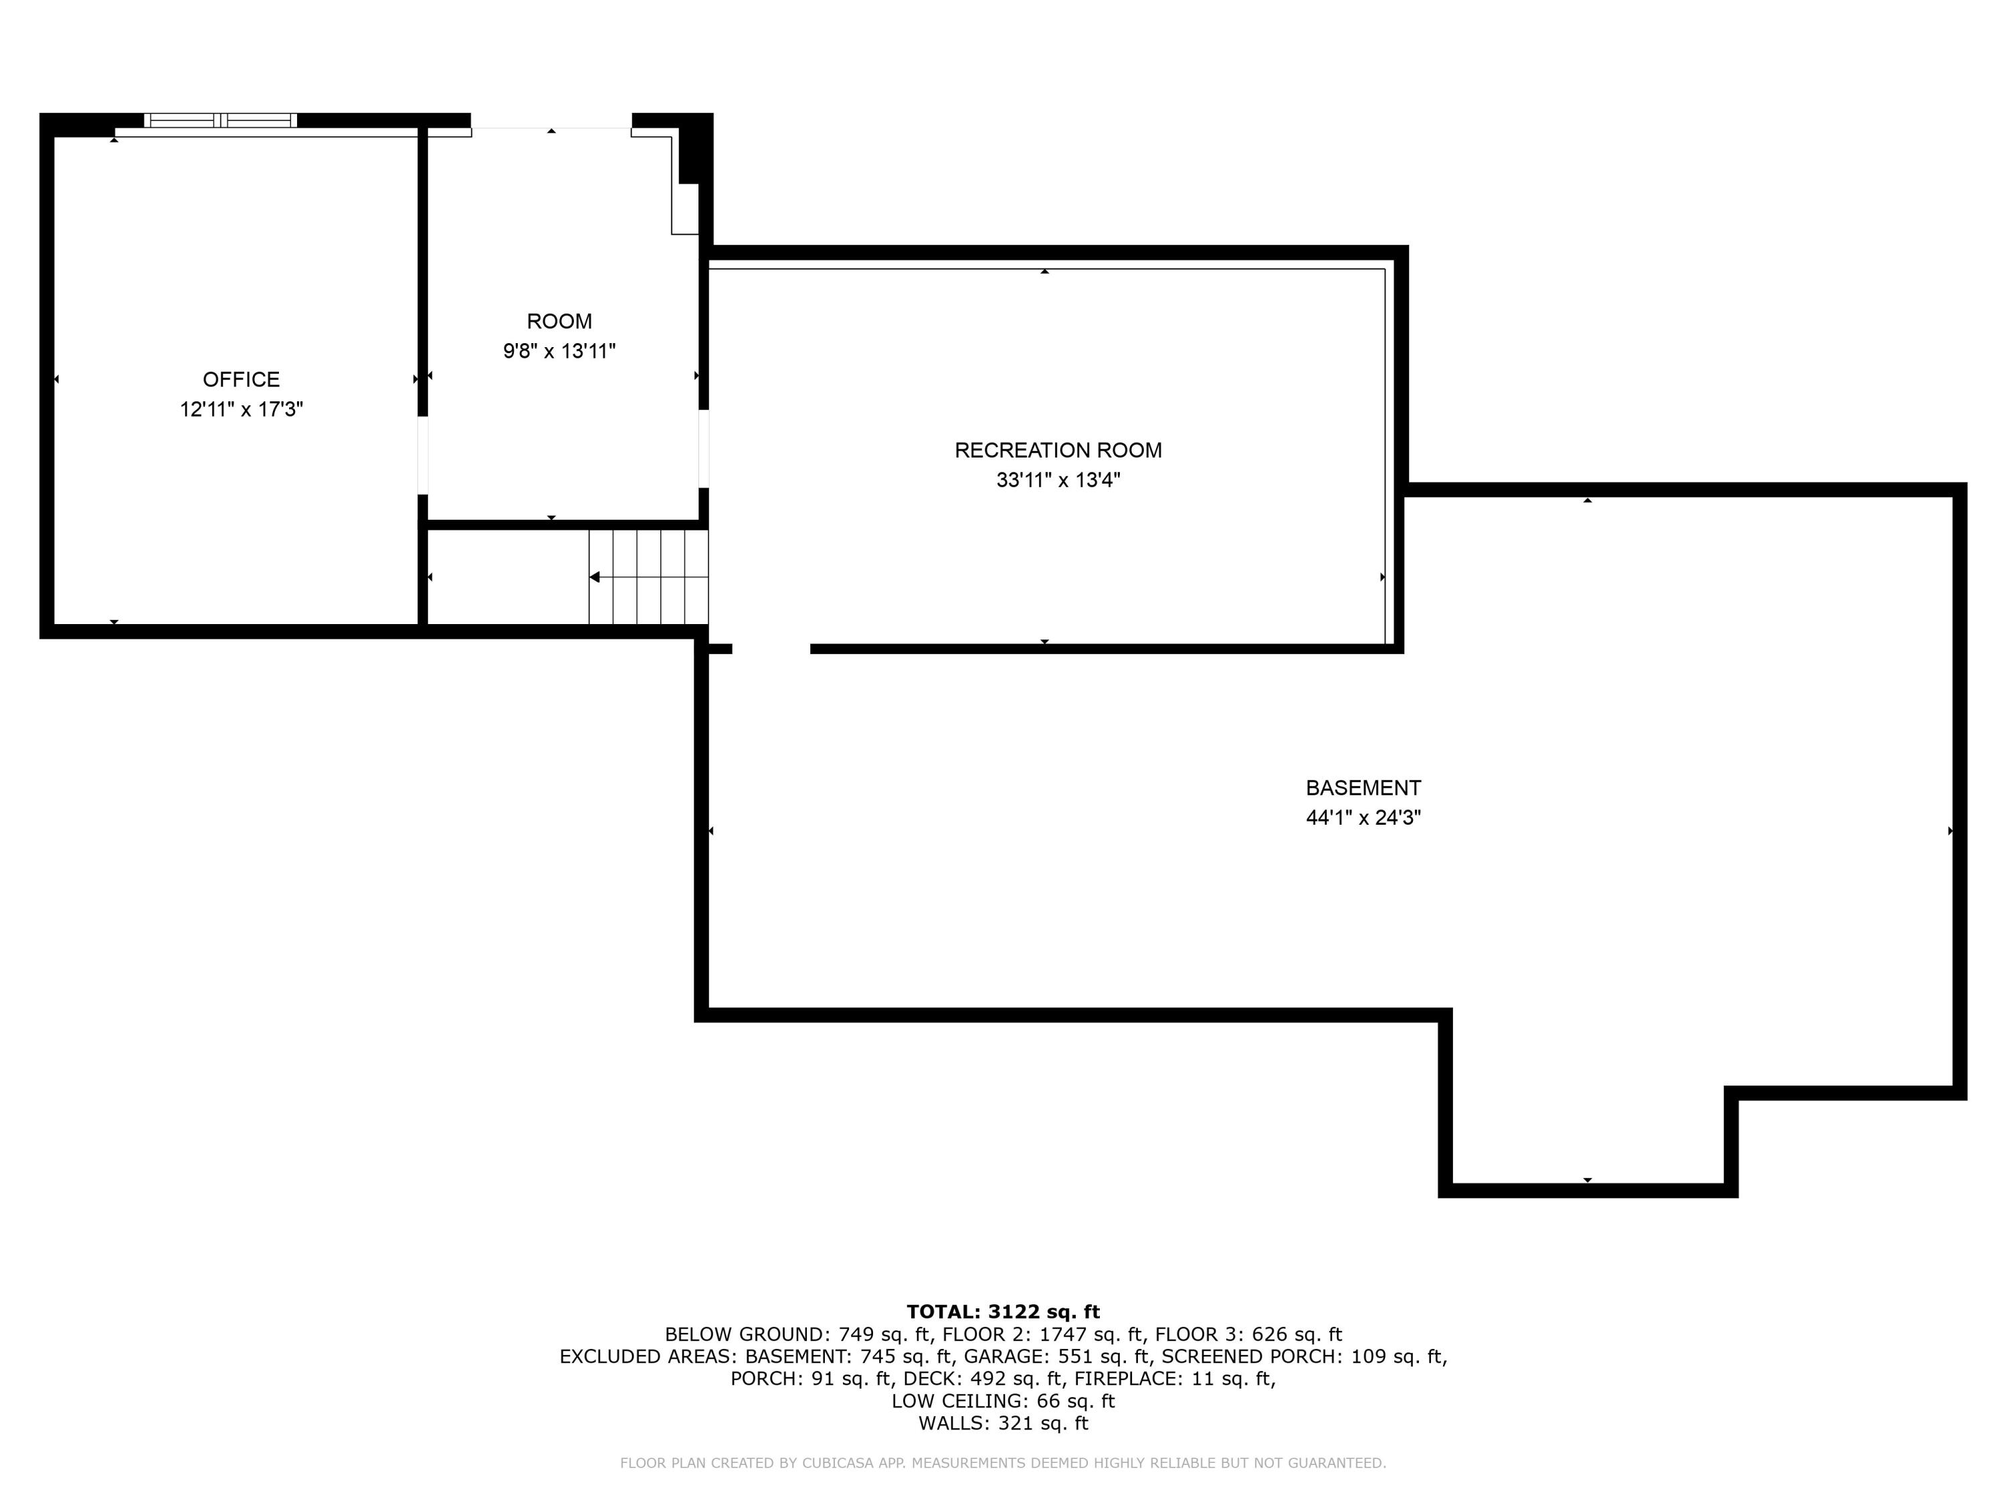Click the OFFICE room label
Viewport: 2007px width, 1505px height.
(242, 379)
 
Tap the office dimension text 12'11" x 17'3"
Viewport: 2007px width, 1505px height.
(242, 409)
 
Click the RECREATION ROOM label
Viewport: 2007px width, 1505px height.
(1058, 450)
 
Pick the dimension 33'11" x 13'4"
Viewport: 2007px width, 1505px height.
(1058, 480)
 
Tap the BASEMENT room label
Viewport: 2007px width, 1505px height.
(1363, 787)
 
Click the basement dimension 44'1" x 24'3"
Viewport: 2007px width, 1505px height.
(1363, 817)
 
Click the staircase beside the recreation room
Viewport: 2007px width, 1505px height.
(648, 577)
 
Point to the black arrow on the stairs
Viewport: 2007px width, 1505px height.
(595, 577)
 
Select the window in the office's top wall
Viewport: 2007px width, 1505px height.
(221, 120)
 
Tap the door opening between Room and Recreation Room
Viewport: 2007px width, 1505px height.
(703, 449)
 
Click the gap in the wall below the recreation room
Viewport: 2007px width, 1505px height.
(771, 649)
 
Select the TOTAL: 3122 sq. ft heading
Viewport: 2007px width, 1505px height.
(1003, 1312)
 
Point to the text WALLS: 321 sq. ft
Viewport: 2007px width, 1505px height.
(1003, 1423)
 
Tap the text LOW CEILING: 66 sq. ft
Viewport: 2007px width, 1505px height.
(1003, 1401)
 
